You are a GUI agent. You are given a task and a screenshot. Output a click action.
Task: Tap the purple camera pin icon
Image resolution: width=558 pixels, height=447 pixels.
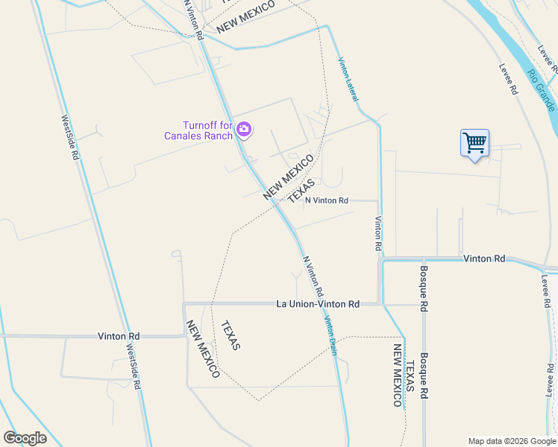coord(243,130)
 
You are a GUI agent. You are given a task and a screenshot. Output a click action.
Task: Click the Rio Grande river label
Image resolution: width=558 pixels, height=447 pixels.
coord(540,91)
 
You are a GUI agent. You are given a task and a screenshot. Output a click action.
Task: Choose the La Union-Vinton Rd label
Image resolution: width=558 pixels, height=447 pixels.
coord(318,304)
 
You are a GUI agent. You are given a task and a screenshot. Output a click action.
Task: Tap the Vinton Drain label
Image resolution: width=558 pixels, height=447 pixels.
coord(330,337)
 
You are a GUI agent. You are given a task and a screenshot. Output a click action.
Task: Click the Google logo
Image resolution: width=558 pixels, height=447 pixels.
coord(25,438)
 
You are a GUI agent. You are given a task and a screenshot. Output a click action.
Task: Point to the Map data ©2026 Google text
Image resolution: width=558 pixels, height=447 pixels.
coord(511,441)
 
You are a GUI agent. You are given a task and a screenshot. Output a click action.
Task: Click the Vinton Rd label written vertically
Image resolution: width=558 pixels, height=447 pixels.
coord(378,233)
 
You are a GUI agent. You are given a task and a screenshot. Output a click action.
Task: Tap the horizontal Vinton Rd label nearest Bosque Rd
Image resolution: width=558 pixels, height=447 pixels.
coord(484,259)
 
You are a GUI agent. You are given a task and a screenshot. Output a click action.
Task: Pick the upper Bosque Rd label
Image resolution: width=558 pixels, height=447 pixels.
coord(423,288)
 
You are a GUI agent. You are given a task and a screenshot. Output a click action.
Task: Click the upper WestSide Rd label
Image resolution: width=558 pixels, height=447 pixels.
coord(69,138)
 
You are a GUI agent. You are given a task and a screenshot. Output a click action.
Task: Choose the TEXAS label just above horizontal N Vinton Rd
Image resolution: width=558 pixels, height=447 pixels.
coord(301,189)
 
